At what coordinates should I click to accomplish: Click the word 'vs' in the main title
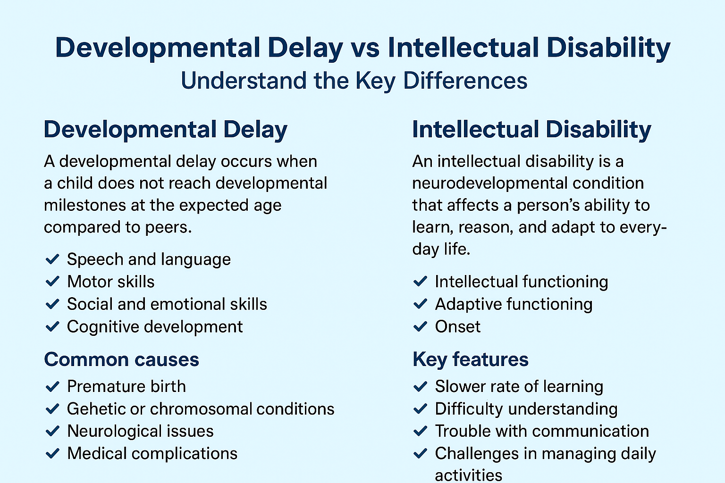[365, 48]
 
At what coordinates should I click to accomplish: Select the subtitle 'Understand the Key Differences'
[354, 81]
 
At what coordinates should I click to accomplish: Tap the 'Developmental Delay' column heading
[165, 130]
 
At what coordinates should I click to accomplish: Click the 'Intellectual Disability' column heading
[531, 130]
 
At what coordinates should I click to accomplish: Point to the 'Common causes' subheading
[121, 359]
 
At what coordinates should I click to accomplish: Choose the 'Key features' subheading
[470, 359]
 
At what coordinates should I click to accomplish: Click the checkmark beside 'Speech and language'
[52, 259]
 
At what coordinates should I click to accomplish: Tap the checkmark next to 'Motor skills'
[52, 282]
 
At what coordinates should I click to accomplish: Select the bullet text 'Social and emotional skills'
[167, 304]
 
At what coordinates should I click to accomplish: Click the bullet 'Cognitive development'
[155, 326]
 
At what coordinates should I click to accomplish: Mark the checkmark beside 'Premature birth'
[52, 387]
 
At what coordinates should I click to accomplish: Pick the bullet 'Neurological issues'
[140, 431]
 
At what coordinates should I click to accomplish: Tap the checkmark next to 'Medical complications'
[52, 454]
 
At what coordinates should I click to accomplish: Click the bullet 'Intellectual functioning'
[521, 282]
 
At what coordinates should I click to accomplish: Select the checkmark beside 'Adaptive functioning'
[420, 304]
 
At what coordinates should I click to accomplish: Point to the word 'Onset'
[457, 326]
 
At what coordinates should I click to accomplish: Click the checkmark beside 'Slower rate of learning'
[420, 387]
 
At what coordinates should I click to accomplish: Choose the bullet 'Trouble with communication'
[542, 431]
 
